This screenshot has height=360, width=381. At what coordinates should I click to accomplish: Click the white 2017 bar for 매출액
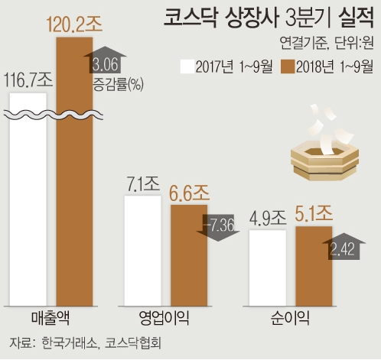pos(29,206)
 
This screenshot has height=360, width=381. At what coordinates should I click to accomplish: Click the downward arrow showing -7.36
pos(223,228)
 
